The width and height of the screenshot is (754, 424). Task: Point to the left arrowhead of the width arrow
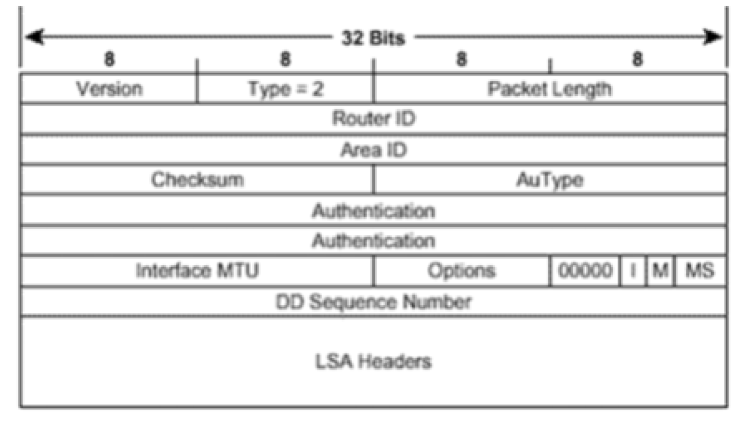pos(34,38)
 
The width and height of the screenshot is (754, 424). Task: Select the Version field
pos(109,89)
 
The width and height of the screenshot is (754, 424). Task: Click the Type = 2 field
pos(286,89)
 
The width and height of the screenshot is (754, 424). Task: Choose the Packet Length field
pos(549,89)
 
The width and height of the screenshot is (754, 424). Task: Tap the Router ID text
pos(374,119)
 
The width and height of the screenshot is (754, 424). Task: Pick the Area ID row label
pos(374,150)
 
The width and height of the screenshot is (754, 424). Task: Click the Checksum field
pos(197,180)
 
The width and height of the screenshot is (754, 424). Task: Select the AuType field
pos(549,180)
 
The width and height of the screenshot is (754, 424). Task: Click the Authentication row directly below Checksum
pos(374,210)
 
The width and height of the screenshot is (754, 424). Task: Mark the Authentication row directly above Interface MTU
pos(374,240)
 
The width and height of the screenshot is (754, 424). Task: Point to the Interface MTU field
pos(197,270)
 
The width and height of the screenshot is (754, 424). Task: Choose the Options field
pos(461,270)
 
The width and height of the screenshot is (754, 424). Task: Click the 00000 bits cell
pos(585,270)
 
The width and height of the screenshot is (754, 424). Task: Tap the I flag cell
pos(633,270)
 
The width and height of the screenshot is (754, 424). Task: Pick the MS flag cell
pos(700,270)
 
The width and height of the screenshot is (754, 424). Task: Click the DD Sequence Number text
pos(374,302)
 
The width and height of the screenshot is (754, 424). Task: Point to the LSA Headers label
pos(374,362)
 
